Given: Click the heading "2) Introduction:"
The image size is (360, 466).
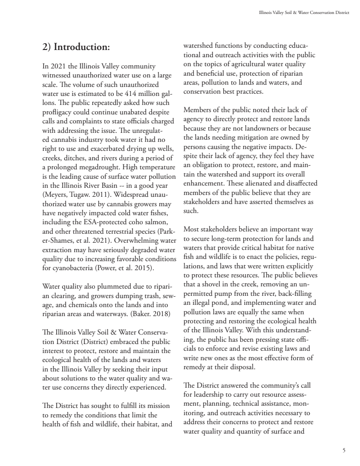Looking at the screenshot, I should (76, 47).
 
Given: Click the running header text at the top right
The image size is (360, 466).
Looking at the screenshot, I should (301, 13).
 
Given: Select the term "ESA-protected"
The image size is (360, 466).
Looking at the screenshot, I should (101, 222).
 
